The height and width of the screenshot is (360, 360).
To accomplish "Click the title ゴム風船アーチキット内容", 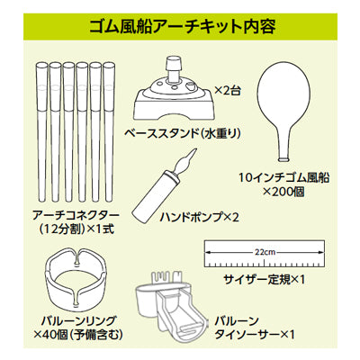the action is (183, 27).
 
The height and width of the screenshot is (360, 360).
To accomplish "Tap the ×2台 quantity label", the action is (228, 90).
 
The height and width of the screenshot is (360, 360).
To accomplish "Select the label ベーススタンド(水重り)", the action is (183, 134).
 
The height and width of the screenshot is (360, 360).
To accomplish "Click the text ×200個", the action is (283, 192).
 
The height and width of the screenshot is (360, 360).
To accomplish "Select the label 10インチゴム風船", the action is (284, 178).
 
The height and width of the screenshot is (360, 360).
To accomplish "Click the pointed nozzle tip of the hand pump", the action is (193, 150).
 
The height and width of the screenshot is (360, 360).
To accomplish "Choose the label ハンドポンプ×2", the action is (200, 217).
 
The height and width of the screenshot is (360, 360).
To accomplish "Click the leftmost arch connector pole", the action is (42, 132).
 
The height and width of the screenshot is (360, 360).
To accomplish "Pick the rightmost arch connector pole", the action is (109, 132).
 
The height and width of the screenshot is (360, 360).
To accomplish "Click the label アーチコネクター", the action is (76, 215).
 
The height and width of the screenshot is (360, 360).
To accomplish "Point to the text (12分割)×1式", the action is (76, 229).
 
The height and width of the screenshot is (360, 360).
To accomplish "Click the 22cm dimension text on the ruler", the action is (265, 252).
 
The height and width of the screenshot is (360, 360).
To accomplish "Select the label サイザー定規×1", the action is (264, 280).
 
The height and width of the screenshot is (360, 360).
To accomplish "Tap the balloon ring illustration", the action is (76, 287).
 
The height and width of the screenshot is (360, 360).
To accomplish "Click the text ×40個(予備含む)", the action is (78, 334).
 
